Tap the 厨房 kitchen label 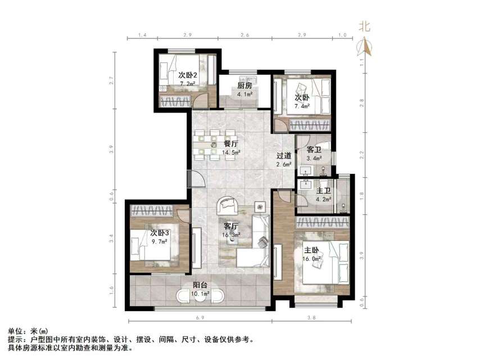coord(244,86)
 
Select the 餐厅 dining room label coord(231,143)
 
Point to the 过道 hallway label coord(283,156)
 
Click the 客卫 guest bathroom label coord(314,150)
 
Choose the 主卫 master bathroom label coord(323,190)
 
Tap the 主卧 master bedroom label coord(312,251)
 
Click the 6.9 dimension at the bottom coord(200,318)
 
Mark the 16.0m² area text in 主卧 coord(313,259)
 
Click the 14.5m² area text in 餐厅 coord(232,152)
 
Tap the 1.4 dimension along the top coord(142,35)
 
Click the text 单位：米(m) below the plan coord(27,331)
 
